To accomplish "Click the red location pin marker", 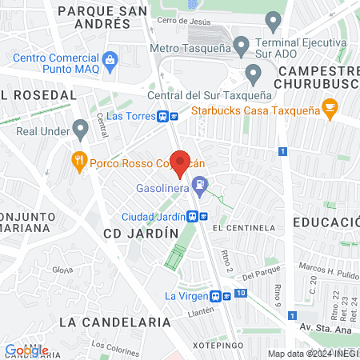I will pos(180,164).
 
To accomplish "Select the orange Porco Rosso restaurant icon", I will pos(78,160).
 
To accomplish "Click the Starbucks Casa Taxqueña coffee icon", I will pos(328,106).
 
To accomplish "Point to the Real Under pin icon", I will pos(79,128).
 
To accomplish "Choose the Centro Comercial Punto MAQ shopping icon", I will pos(110,58).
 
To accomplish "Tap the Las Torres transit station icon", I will pos(164,116).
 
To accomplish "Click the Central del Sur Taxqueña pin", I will pos(254,76).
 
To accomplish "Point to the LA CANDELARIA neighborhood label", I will pos(115,322).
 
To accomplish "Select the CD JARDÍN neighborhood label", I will pos(141,233).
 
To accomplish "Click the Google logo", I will pos(26,350).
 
